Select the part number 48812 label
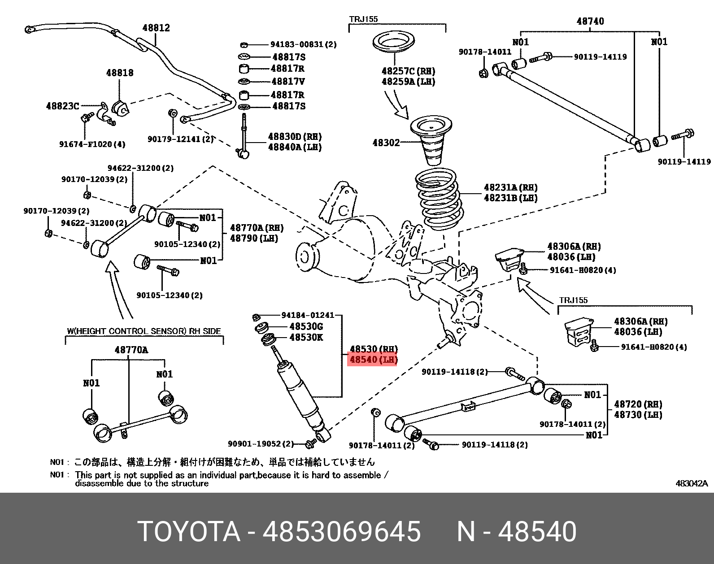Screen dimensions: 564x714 (156, 28)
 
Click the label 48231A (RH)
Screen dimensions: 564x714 (510, 187)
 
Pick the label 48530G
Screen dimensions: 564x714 (306, 326)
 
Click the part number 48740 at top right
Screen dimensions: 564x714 (590, 21)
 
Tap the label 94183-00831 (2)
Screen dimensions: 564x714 (303, 44)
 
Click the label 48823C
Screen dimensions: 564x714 (62, 106)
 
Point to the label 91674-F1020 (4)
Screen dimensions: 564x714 (92, 144)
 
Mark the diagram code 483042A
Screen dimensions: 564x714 (691, 483)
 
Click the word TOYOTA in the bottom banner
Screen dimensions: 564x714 (189, 532)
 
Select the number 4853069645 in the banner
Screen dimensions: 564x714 (341, 532)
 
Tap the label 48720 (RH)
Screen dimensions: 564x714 (638, 404)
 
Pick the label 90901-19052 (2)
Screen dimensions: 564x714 (261, 444)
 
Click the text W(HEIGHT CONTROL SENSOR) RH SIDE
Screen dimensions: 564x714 (144, 331)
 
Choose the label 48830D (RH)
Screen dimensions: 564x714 (295, 137)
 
